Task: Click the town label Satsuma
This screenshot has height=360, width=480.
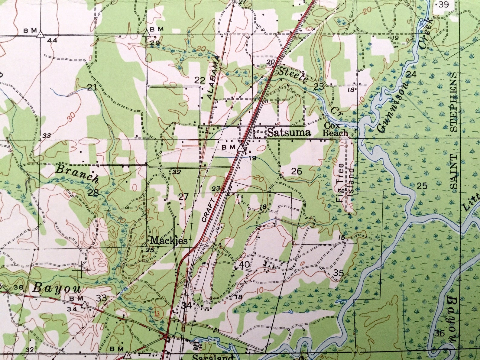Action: pos(289,133)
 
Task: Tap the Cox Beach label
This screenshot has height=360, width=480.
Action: pos(335,129)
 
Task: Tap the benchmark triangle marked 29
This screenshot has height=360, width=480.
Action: pos(147,33)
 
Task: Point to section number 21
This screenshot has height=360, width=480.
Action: pos(92,88)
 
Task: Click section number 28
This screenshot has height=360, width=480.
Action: pos(93,193)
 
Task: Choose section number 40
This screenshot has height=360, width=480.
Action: pos(244,264)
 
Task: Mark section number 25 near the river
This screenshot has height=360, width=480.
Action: pos(422,186)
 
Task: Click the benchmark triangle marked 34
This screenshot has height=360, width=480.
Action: pos(85,305)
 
